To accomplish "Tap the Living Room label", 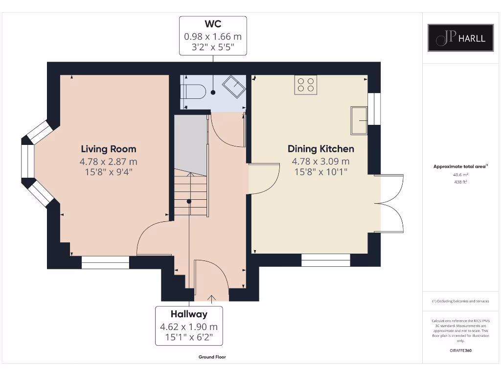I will point(109,149).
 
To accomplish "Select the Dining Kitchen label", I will point(320,149).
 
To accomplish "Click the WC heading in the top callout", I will point(213,24).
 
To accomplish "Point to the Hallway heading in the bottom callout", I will point(189,314).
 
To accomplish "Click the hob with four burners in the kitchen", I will point(306,85).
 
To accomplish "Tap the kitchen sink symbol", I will point(360,120).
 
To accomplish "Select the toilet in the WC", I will point(192,92).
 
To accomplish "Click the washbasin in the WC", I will point(234,87).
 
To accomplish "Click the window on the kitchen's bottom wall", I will point(325,260).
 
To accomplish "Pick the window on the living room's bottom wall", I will point(105,262).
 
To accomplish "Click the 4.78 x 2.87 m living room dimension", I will point(109,162).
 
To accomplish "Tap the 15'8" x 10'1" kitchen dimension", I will point(320,172).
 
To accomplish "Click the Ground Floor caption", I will point(212,357).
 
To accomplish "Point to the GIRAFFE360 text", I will point(460,351).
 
